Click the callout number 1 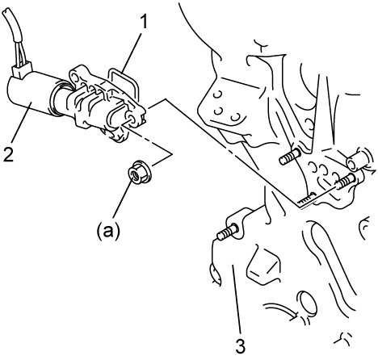(145, 22)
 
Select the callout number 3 (241, 346)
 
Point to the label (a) (108, 231)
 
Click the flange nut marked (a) (139, 172)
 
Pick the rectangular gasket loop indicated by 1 (123, 82)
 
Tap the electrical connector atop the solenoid (22, 70)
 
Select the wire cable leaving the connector (15, 35)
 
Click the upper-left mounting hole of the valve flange (74, 77)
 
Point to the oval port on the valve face (115, 115)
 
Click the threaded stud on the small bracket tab (228, 232)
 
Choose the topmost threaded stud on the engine (290, 157)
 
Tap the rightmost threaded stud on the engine (346, 181)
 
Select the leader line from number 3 (237, 300)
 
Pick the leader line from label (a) (123, 199)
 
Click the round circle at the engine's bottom (308, 303)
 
